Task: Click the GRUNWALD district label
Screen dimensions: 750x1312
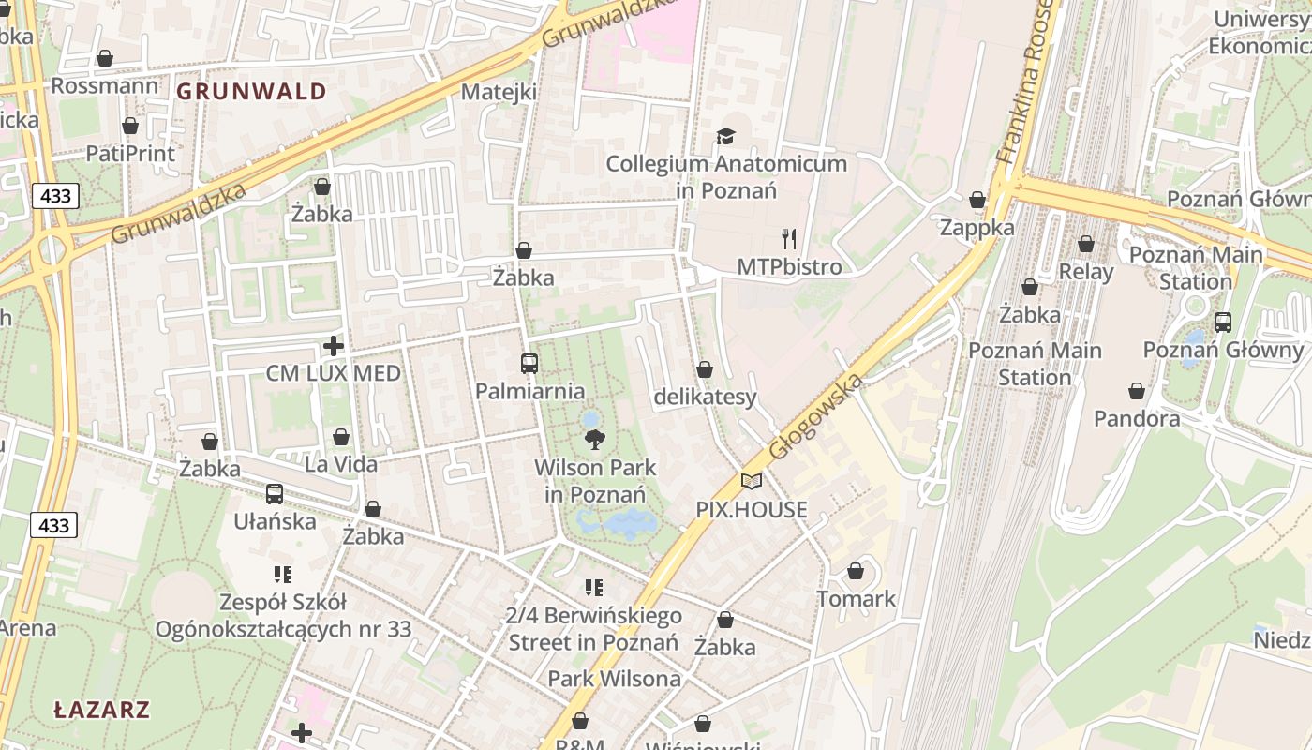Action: coord(251,91)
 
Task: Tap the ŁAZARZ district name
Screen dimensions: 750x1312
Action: coord(101,709)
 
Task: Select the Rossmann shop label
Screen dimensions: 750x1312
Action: coord(105,85)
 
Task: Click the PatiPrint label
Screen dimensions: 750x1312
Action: coord(130,153)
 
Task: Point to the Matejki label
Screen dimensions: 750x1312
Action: coord(499,92)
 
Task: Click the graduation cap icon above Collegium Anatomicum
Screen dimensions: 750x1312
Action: coord(725,137)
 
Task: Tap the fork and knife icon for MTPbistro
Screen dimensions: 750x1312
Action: coord(789,239)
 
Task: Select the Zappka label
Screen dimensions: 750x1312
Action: coord(977,228)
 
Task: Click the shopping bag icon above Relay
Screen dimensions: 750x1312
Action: coord(1085,245)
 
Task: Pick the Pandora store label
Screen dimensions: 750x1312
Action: coord(1137,418)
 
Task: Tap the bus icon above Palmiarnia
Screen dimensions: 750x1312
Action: coord(529,364)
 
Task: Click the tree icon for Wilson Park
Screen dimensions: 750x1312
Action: coord(594,439)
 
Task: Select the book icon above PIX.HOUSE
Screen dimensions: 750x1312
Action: coord(751,481)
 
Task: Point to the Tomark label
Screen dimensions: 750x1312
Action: coord(856,598)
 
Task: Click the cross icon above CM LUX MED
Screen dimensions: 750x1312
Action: coord(333,346)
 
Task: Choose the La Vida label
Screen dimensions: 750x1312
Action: coord(341,464)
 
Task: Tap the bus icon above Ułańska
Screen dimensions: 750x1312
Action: coord(275,494)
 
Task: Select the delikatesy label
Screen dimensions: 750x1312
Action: coord(705,397)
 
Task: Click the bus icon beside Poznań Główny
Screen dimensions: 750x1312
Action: coord(1222,322)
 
